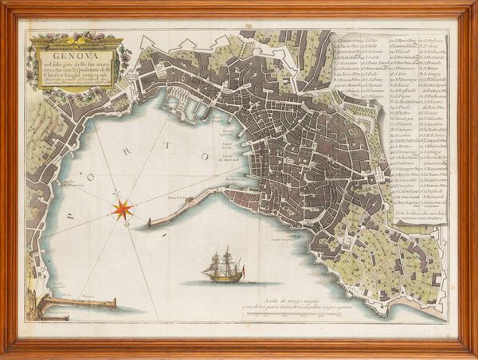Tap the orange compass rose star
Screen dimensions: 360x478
[x=123, y=209]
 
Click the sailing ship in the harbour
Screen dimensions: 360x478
[x=222, y=267]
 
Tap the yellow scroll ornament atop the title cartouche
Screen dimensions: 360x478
[x=76, y=36]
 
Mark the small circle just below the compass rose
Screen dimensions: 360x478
[x=123, y=225]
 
